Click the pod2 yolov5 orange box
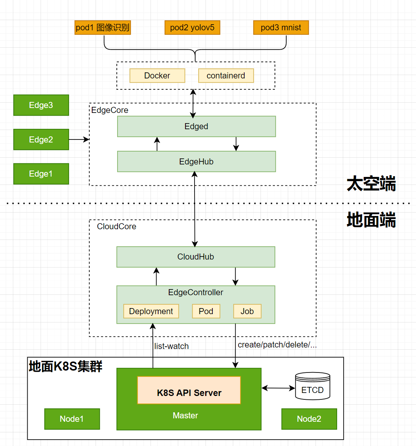pos(192,28)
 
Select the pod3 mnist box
pos(281,28)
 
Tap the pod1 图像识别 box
pos(103,28)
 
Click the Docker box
pos(157,75)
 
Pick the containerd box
pos(226,75)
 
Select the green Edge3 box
pos(41,105)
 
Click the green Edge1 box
pos(41,174)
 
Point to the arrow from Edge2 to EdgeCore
pos(79,139)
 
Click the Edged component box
pos(196,127)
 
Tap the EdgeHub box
pos(196,162)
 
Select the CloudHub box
pos(196,257)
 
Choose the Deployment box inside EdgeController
pos(151,311)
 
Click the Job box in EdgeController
pos(247,311)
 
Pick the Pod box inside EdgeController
pos(206,311)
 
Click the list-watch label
pos(171,346)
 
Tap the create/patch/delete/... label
pos(277,345)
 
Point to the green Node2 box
pos(309,419)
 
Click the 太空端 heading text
pos(371,184)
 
